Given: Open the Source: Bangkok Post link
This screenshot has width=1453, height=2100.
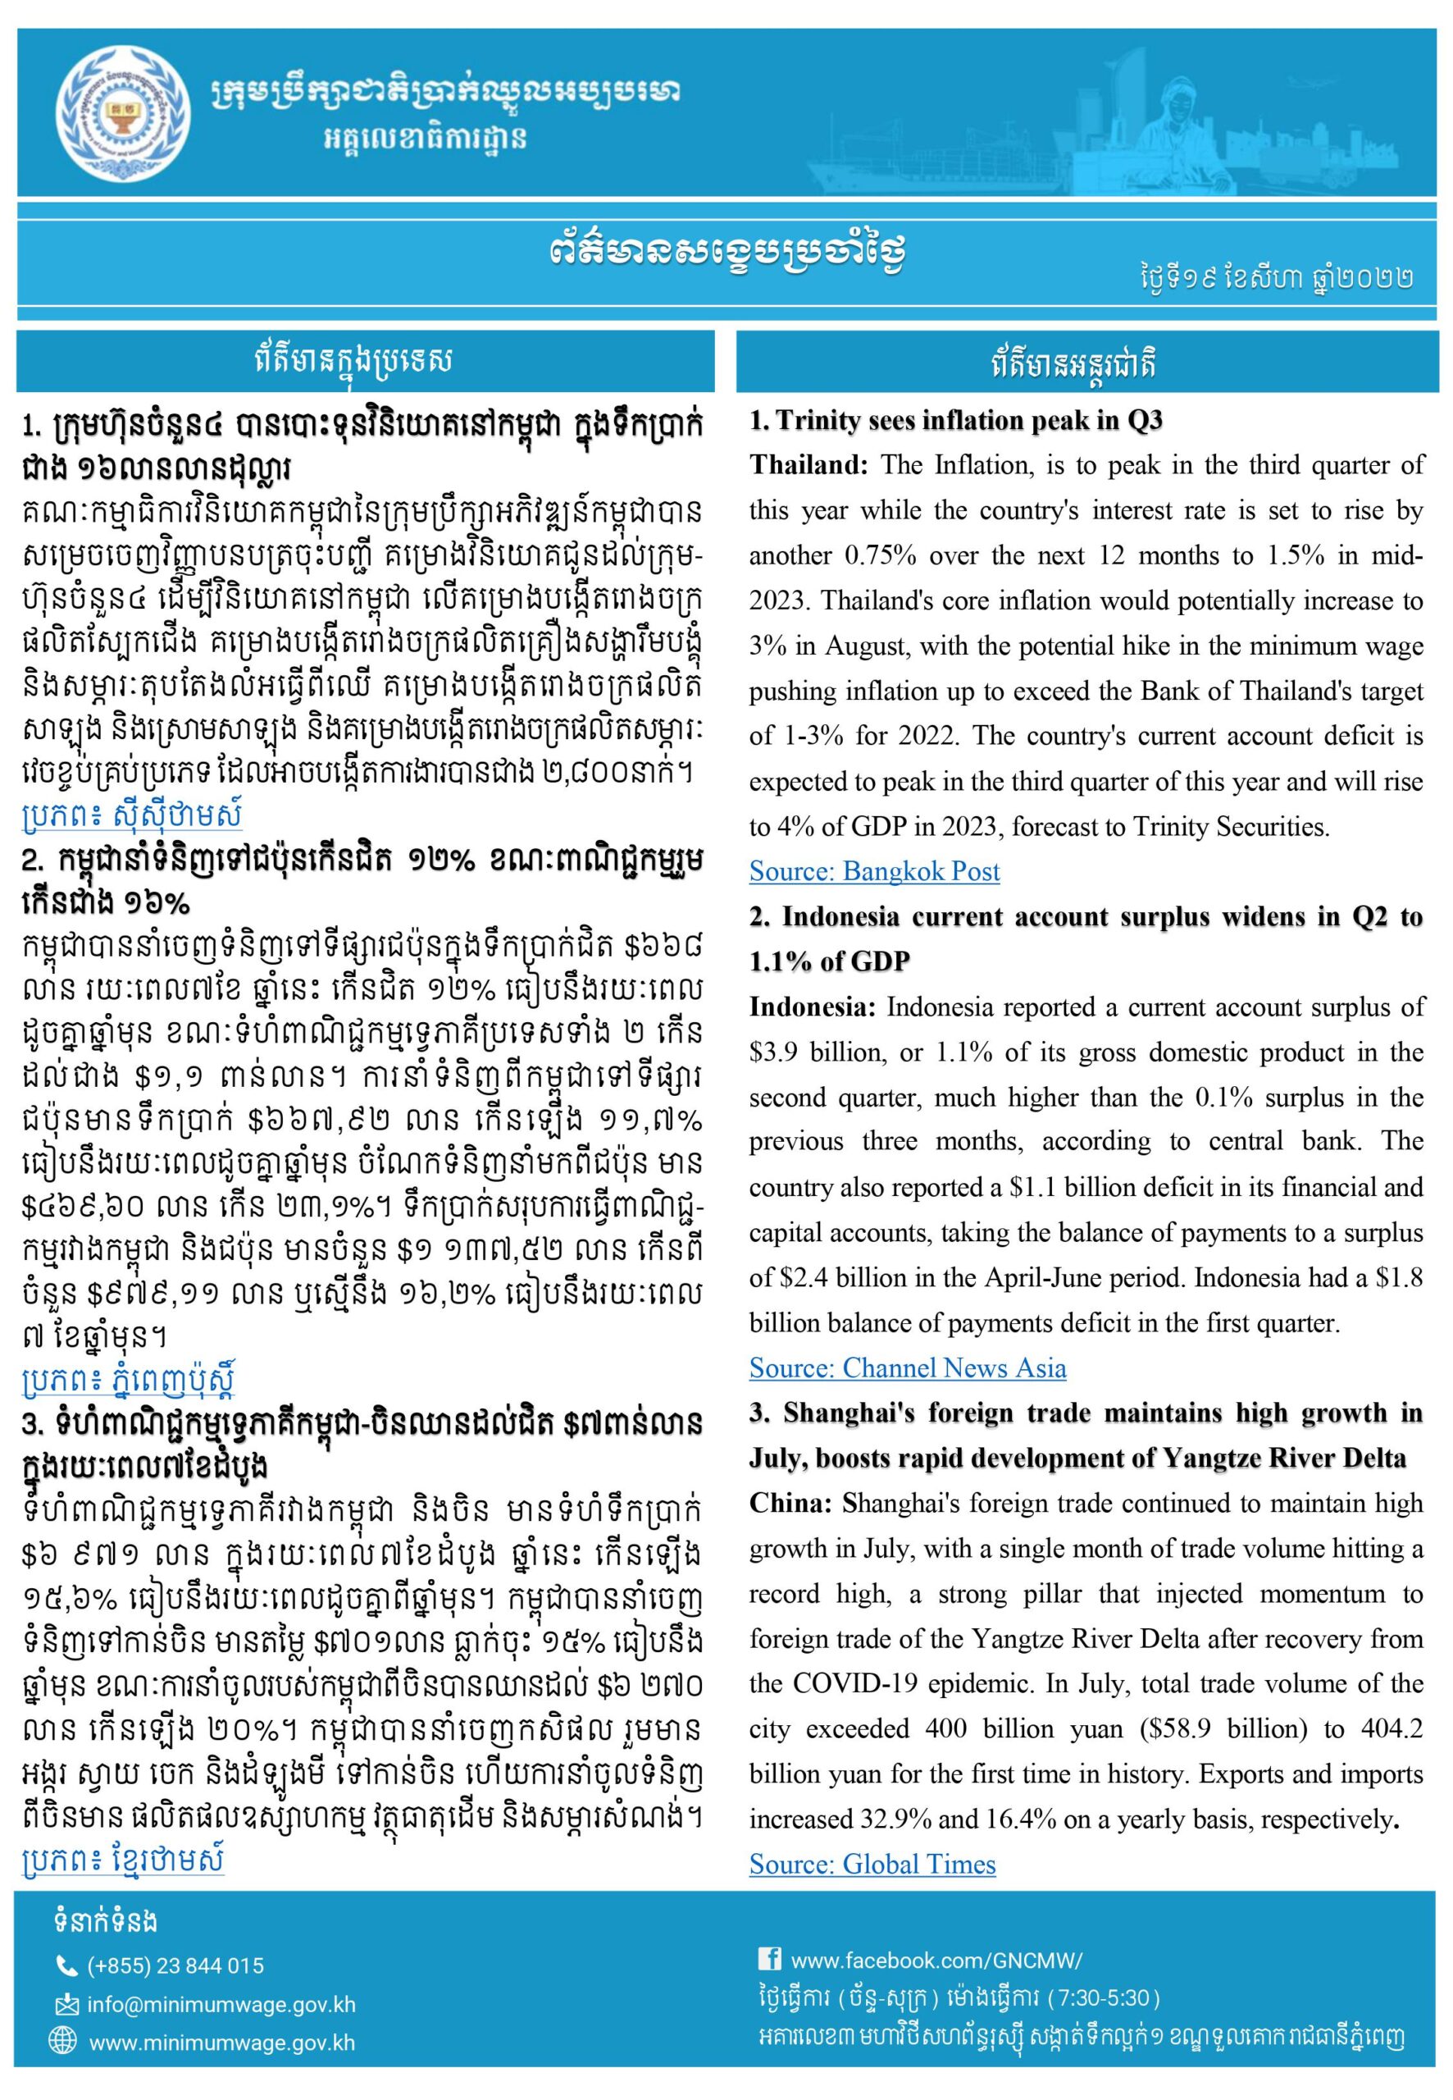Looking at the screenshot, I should (874, 871).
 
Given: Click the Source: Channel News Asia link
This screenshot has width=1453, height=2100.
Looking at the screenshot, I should (907, 1367).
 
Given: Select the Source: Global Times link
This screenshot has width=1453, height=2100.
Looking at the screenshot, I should (872, 1864).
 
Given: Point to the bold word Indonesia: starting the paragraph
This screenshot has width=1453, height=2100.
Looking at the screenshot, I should (813, 1007).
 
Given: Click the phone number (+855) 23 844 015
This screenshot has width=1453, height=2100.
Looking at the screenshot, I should (175, 1965).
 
